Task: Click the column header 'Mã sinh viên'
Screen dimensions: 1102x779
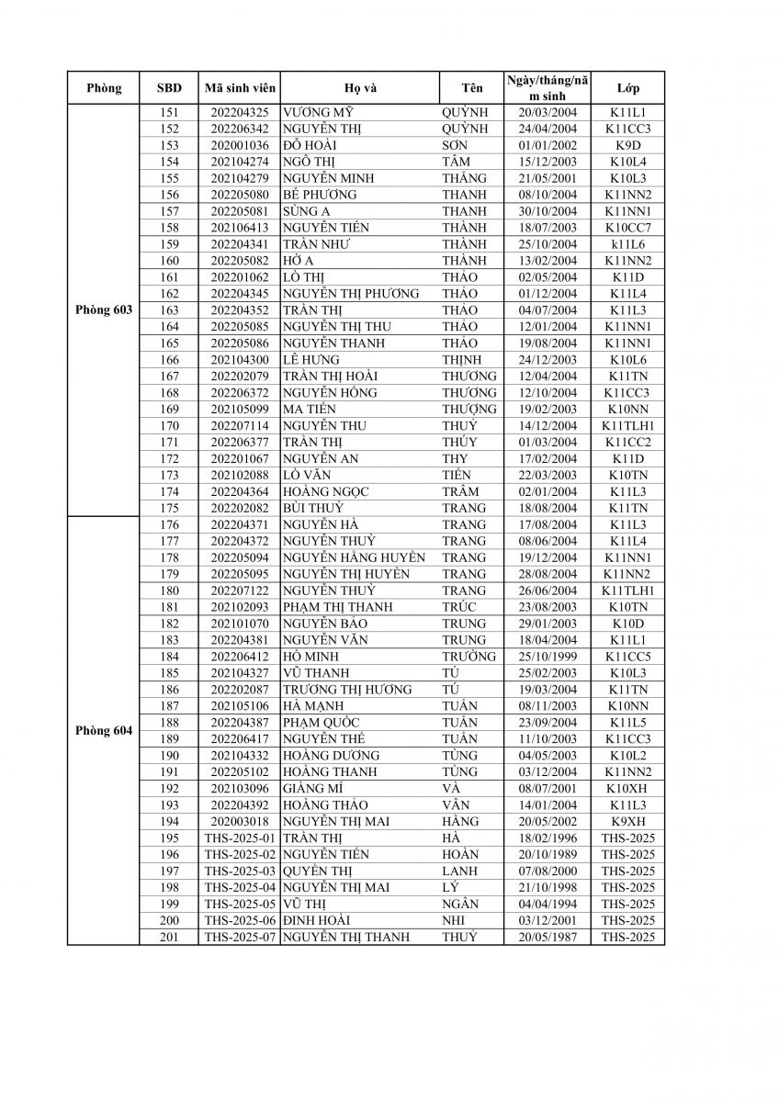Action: coord(238,88)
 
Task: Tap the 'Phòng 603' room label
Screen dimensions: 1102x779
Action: coord(104,309)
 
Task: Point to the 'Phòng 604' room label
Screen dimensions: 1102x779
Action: coord(104,731)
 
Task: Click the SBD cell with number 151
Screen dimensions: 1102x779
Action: coord(169,112)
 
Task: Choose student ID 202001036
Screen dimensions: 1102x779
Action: coord(238,145)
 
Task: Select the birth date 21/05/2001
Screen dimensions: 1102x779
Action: coord(547,178)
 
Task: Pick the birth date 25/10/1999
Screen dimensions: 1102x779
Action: coord(547,657)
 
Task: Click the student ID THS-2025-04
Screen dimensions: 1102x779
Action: coord(238,887)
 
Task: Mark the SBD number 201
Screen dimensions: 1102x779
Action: coord(169,937)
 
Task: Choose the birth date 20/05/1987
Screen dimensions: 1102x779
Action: coord(547,937)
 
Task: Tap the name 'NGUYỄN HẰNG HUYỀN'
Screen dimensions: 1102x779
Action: coord(354,557)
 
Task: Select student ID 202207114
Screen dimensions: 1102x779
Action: coord(238,425)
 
